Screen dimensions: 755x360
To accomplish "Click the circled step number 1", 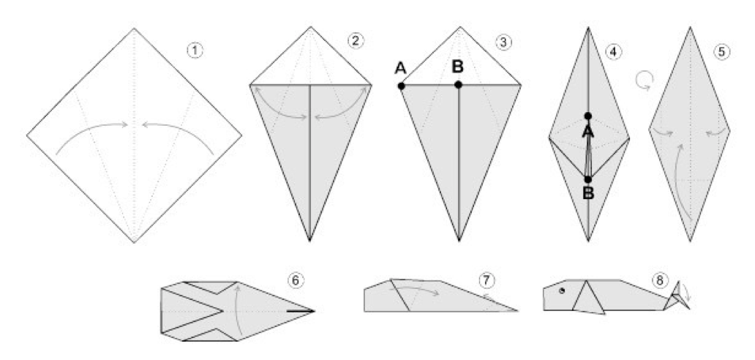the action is pos(195,50).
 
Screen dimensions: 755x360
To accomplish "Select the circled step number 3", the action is pos(503,42).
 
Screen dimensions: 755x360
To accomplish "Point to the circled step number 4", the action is pos(612,51).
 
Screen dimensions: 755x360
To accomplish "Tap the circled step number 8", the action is pos(658,280).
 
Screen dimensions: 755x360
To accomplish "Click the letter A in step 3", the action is pos(401,68).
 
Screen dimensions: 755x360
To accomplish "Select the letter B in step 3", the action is pos(457,67).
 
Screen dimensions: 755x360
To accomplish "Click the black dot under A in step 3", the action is pos(401,86).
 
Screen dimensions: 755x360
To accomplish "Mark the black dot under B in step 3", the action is pos(458,85).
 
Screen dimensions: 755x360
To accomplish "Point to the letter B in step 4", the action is pos(588,193).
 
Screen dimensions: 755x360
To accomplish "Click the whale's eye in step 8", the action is pos(561,290).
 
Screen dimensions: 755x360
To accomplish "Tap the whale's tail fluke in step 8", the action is pos(678,296).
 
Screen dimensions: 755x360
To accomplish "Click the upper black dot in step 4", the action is pos(588,116).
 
